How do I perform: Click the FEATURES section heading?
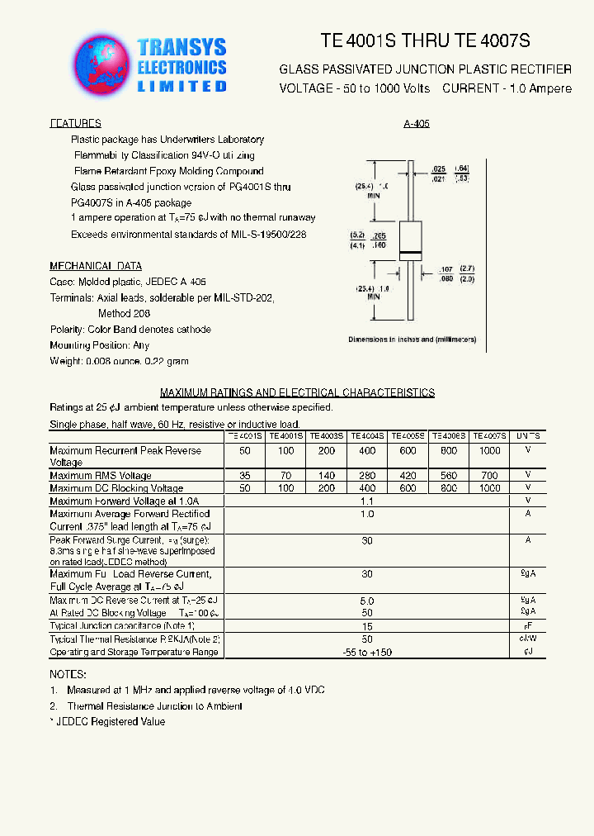coord(76,123)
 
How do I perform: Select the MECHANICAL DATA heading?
coord(96,266)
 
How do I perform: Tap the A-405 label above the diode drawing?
coord(417,124)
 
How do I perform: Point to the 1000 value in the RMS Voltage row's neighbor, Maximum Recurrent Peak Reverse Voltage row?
coord(489,451)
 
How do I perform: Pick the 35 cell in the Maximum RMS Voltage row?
coord(245,476)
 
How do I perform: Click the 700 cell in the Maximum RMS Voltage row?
coord(489,476)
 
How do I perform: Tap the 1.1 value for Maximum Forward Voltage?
coord(367,501)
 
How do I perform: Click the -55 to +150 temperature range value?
coord(367,653)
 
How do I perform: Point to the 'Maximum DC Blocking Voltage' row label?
coord(116,488)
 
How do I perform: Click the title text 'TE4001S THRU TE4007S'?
coord(425,40)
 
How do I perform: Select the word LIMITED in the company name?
coord(181,86)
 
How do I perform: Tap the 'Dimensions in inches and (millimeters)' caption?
coord(412,340)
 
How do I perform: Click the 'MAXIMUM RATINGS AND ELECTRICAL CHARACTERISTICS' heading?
coord(297,392)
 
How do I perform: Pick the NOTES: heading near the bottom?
coord(68,675)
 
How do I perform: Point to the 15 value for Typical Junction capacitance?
coord(367,626)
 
